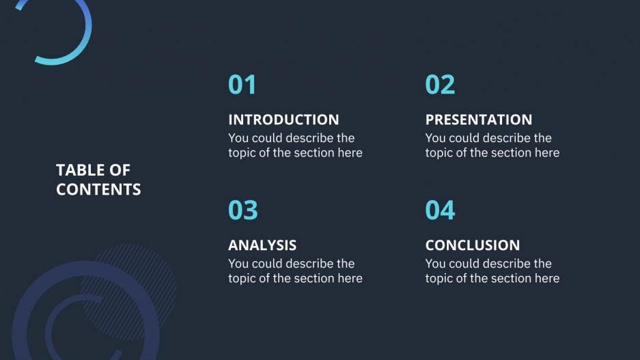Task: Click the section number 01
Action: (x=242, y=85)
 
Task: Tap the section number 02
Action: (x=439, y=85)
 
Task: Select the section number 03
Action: (x=242, y=210)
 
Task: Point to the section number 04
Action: (x=439, y=210)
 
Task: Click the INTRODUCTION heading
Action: (x=283, y=120)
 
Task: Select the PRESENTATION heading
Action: (x=478, y=120)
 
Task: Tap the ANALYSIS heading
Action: (x=262, y=245)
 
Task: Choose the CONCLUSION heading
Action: (x=472, y=245)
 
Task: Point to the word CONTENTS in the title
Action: (x=98, y=189)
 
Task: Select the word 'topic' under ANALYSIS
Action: (x=241, y=279)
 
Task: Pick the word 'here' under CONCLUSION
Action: (x=546, y=279)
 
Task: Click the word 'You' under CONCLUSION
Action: (x=436, y=264)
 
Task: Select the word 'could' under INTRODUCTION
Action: (x=267, y=138)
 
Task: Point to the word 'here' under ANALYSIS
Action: (x=350, y=279)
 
